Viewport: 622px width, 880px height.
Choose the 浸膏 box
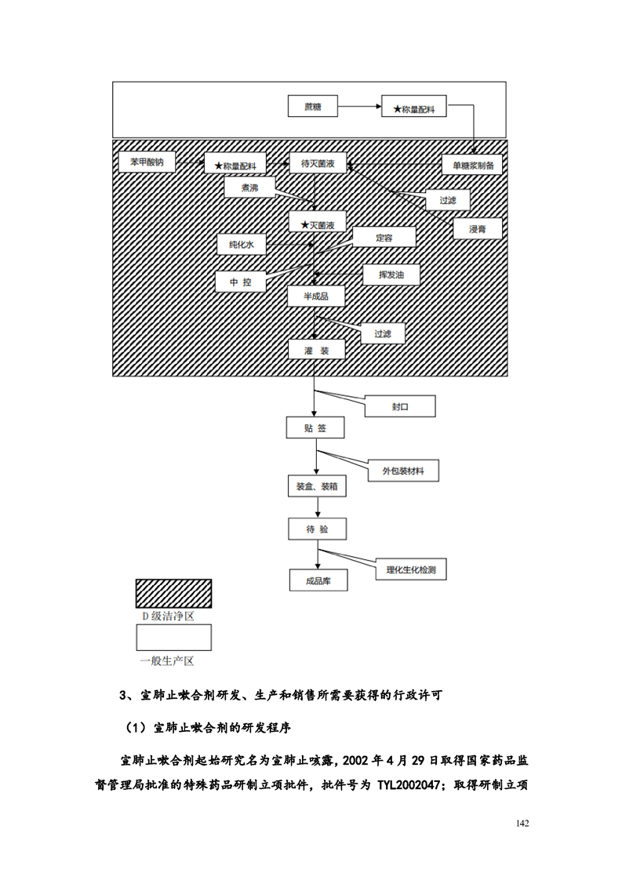coord(476,228)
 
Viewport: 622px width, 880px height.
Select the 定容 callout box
coord(384,237)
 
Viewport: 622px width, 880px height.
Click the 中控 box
coord(241,282)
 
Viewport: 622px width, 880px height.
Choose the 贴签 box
coord(315,428)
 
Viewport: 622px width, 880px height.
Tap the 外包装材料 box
coord(404,471)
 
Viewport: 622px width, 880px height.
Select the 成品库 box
coord(316,581)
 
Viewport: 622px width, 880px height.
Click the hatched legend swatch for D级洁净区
coord(173,594)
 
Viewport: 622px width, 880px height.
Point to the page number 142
coord(524,824)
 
